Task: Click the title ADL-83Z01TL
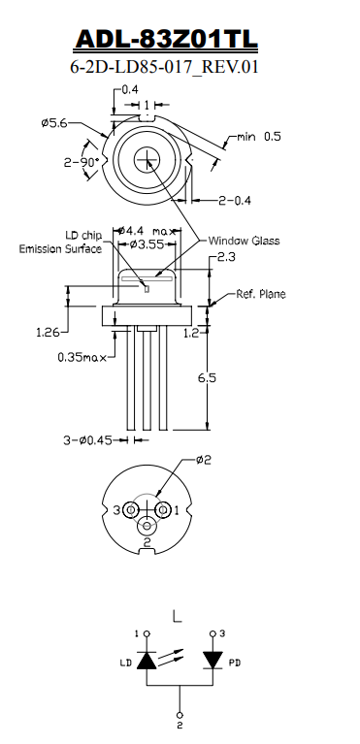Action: pos(166,39)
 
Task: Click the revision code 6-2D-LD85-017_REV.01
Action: pos(164,67)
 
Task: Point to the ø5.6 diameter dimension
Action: pos(53,123)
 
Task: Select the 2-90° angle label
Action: pos(82,162)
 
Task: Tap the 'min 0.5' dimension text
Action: pos(259,137)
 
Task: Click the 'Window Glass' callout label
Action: pos(244,241)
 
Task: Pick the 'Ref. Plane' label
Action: pos(261,294)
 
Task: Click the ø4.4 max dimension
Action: pos(147,231)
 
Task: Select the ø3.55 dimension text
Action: pos(147,244)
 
